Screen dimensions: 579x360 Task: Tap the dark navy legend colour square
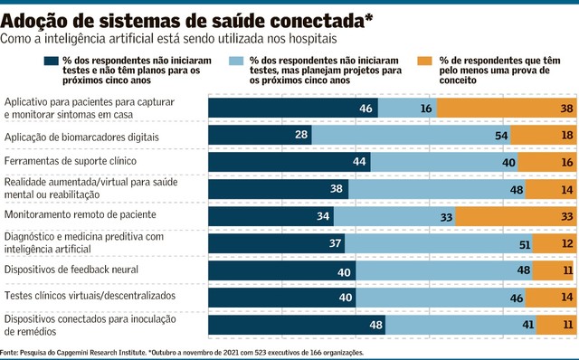pyautogui.click(x=51, y=61)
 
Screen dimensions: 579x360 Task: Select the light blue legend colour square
pyautogui.click(x=236, y=61)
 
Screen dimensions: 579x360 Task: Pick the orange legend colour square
pyautogui.click(x=424, y=61)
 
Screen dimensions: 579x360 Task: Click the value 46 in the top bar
pyautogui.click(x=365, y=109)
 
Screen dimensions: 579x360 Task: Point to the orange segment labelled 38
pyautogui.click(x=507, y=108)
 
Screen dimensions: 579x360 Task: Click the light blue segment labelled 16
pyautogui.click(x=407, y=108)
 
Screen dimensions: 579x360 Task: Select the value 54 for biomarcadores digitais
pyautogui.click(x=501, y=136)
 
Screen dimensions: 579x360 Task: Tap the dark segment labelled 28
pyautogui.click(x=260, y=135)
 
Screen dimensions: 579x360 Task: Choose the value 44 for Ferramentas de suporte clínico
pyautogui.click(x=359, y=161)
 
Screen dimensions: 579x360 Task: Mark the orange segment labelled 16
pyautogui.click(x=547, y=162)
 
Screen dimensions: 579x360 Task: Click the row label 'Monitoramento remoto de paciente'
pyautogui.click(x=81, y=214)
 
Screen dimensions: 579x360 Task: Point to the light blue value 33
pyautogui.click(x=446, y=217)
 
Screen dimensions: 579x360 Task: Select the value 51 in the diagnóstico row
pyautogui.click(x=525, y=245)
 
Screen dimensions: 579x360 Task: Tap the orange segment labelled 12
pyautogui.click(x=555, y=243)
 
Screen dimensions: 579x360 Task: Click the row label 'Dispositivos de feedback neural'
pyautogui.click(x=71, y=270)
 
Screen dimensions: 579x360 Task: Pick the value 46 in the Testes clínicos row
pyautogui.click(x=517, y=298)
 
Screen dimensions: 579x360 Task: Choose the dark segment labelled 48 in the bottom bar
pyautogui.click(x=297, y=325)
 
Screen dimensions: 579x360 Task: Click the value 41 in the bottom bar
pyautogui.click(x=528, y=325)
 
